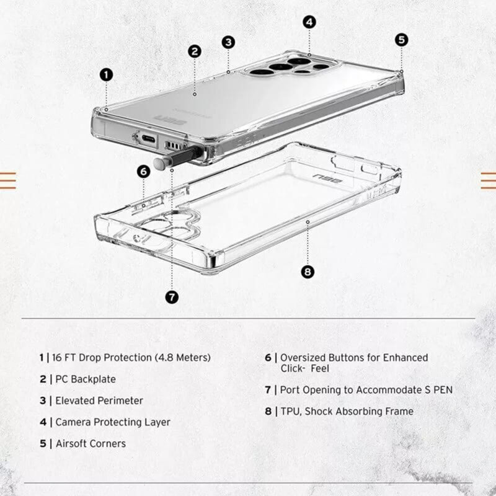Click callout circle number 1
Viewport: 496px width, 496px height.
107,74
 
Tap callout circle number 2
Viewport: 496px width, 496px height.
195,51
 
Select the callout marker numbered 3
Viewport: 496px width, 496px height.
229,42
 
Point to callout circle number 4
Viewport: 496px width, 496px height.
310,22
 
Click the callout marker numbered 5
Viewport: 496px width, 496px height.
402,39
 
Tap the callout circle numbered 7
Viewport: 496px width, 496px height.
172,297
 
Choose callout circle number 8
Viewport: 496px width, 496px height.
308,272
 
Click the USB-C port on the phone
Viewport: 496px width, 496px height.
149,139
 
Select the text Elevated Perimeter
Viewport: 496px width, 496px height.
99,401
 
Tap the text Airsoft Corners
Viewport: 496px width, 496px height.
91,443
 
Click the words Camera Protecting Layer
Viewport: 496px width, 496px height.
113,422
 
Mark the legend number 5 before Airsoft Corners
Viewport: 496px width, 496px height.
43,443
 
